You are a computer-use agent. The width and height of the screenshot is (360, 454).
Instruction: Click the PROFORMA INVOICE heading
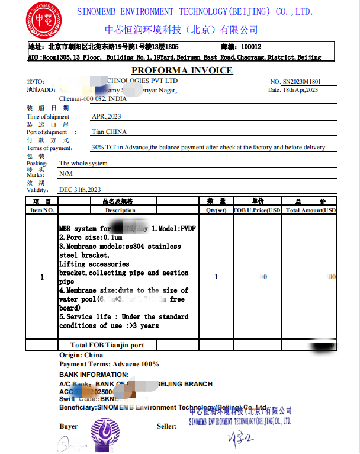click(182, 71)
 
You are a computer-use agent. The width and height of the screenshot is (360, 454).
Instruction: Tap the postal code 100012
click(251, 47)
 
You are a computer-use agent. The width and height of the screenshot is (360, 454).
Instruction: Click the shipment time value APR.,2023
click(106, 116)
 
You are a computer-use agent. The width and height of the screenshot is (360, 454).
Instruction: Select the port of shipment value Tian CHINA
click(109, 132)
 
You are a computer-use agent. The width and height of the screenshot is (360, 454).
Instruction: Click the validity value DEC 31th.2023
click(80, 190)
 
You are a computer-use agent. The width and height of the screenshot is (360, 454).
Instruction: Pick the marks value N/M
click(66, 174)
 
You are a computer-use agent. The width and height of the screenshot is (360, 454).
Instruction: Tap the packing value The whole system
click(83, 163)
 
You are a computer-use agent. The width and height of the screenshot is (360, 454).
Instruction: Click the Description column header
click(120, 210)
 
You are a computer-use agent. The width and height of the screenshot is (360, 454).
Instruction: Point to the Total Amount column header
click(310, 210)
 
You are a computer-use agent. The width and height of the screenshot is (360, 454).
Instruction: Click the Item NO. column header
click(42, 210)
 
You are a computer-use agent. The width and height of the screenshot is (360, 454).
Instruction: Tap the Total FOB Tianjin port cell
click(107, 345)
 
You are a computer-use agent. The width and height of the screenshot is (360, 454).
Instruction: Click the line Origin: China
click(81, 355)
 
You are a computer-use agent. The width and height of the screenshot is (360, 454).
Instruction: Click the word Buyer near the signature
click(69, 426)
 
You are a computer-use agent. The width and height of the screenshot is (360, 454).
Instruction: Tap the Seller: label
click(166, 426)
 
